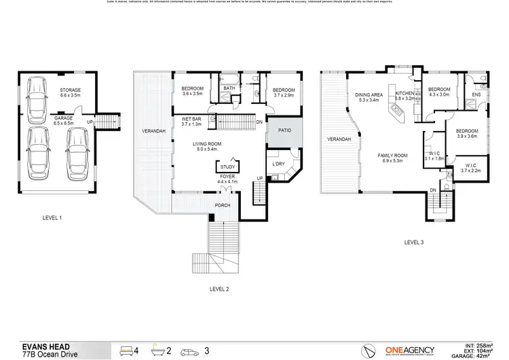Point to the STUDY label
pyautogui.click(x=227, y=166)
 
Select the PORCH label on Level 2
pyautogui.click(x=223, y=205)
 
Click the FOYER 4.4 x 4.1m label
pyautogui.click(x=227, y=179)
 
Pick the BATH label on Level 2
pyautogui.click(x=229, y=88)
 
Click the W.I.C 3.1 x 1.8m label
pyautogui.click(x=433, y=156)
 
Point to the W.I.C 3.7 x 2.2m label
pyautogui.click(x=470, y=168)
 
